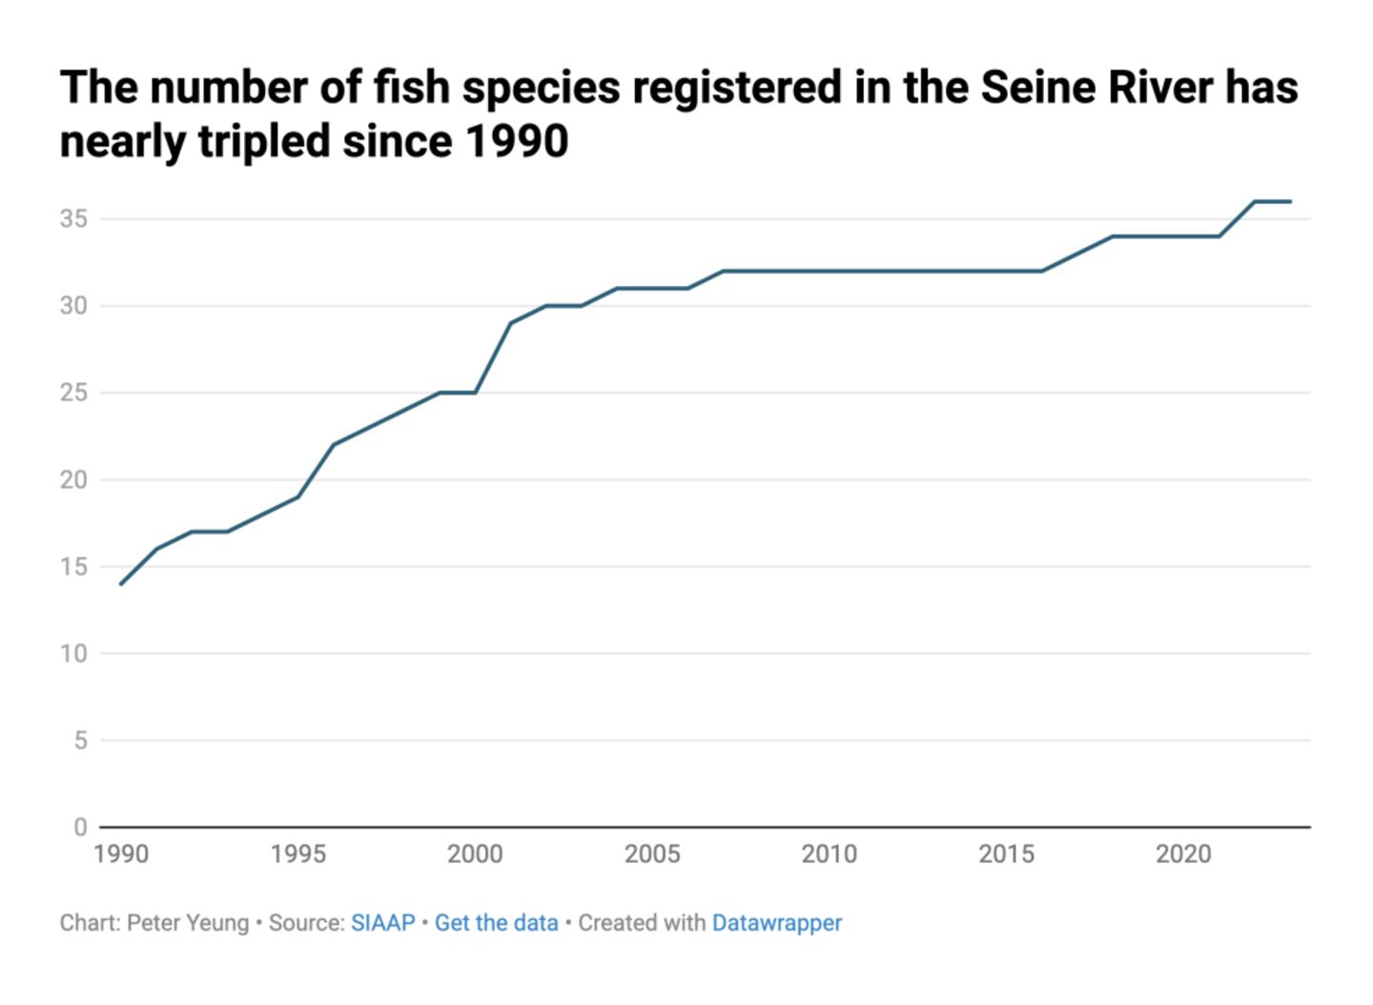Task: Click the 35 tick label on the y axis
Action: (73, 219)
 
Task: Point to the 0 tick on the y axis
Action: (80, 828)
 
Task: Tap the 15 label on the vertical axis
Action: (73, 567)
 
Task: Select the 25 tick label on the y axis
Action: (73, 393)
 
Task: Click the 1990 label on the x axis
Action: (121, 854)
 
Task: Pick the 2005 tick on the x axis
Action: (652, 854)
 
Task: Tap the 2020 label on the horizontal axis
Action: (1183, 854)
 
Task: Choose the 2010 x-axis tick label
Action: (829, 854)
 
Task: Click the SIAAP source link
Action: (383, 923)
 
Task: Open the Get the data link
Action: (496, 923)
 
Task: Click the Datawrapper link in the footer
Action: (777, 923)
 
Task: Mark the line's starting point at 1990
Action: (121, 584)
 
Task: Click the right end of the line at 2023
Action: (1290, 201)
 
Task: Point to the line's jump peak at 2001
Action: (511, 323)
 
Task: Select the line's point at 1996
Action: (334, 444)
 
